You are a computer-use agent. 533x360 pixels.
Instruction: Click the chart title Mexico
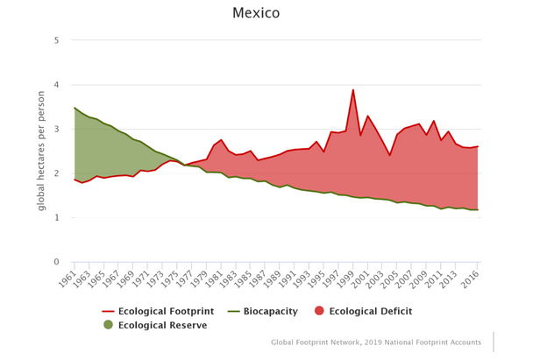pyautogui.click(x=256, y=13)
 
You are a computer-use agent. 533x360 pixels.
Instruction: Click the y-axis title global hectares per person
pyautogui.click(x=41, y=150)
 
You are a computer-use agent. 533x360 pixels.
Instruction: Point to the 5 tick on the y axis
pyautogui.click(x=56, y=40)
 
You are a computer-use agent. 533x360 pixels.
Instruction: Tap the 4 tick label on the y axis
pyautogui.click(x=56, y=85)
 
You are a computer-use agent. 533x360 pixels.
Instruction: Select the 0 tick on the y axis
pyautogui.click(x=56, y=262)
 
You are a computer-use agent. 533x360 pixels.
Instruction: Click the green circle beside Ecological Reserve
pyautogui.click(x=108, y=325)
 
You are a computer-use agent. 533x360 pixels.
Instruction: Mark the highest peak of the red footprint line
pyautogui.click(x=353, y=89)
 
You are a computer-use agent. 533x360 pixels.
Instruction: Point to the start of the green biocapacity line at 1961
pyautogui.click(x=75, y=108)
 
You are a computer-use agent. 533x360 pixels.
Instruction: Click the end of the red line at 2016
pyautogui.click(x=478, y=146)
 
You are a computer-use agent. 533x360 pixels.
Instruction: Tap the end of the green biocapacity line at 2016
pyautogui.click(x=478, y=209)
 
